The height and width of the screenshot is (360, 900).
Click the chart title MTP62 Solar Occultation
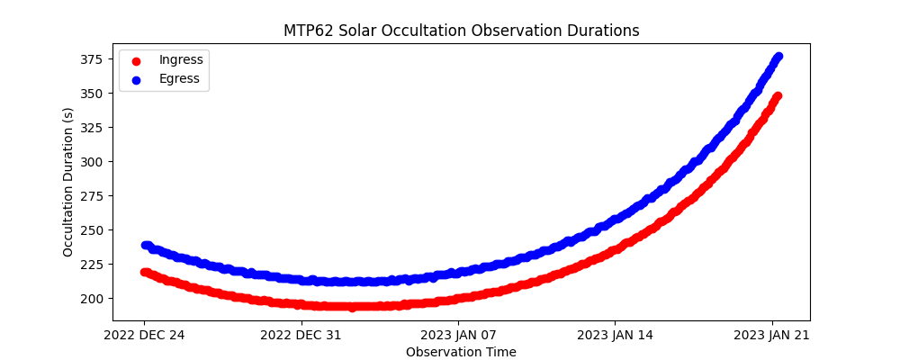coord(461,31)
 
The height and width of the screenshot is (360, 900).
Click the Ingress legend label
coord(181,59)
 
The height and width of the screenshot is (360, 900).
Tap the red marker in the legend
coord(138,60)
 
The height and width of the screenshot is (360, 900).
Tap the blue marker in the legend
coord(138,79)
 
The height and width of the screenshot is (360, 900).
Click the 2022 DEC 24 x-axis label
coord(144,336)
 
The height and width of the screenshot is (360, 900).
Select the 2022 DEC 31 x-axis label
coord(301,336)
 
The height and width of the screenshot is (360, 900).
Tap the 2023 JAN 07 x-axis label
coord(458,336)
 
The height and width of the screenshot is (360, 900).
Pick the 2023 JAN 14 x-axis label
coord(616,336)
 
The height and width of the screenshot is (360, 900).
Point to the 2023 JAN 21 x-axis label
coord(772,336)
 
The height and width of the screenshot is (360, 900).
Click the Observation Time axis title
coord(461,352)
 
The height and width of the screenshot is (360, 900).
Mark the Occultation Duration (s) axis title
coord(68,182)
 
